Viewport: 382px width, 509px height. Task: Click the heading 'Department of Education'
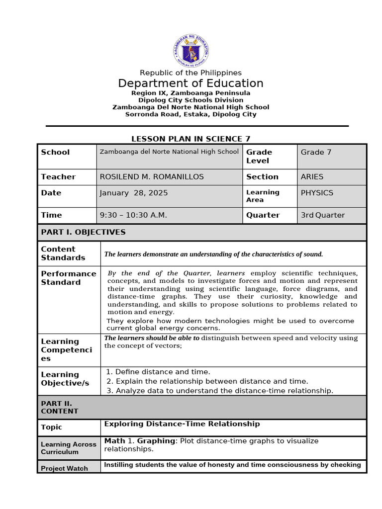pos(191,83)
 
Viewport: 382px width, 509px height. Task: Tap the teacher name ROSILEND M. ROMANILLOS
pos(152,176)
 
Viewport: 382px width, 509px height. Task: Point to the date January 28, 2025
pos(134,193)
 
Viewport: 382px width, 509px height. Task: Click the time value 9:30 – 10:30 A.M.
pos(133,215)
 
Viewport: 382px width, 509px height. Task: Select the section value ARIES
pos(312,176)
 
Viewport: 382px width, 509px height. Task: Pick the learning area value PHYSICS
pos(317,193)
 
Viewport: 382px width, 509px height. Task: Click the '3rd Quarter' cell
pos(322,215)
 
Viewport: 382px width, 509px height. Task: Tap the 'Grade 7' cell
pos(316,152)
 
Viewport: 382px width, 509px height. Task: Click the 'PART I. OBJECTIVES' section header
pos(83,232)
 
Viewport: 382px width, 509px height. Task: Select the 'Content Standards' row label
pos(63,253)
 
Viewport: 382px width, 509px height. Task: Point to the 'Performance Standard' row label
pos(69,278)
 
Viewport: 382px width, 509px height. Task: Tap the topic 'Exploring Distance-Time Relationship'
pos(182,424)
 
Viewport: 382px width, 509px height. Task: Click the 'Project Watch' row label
pos(64,468)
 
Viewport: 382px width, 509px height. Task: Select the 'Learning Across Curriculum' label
pos(69,448)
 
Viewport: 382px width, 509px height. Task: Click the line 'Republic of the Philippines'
pos(191,73)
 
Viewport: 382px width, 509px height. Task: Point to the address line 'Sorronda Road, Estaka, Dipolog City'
pos(191,114)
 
